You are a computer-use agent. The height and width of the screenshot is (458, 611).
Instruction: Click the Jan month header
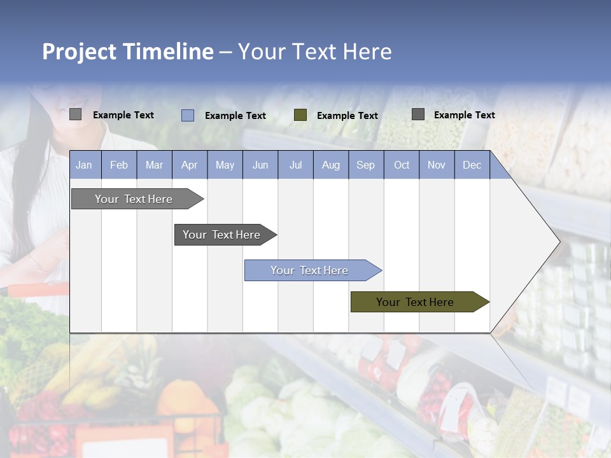click(84, 165)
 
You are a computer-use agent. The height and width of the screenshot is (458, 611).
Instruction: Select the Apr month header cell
click(189, 165)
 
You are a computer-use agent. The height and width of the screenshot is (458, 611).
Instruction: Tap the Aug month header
click(330, 165)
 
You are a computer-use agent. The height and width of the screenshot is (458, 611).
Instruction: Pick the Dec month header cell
click(472, 165)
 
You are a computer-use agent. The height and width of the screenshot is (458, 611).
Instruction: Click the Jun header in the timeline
click(260, 165)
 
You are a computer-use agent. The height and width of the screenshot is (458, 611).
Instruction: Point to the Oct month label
click(401, 165)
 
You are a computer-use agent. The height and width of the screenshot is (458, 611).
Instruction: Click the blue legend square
click(187, 115)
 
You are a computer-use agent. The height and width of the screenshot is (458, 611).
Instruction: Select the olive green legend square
click(300, 115)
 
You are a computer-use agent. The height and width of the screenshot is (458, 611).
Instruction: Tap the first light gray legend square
click(75, 114)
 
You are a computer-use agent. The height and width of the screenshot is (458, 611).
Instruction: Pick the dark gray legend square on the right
click(418, 114)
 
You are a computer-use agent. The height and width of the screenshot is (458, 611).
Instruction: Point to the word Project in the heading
click(80, 52)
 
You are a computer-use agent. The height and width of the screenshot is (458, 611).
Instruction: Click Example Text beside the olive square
click(347, 116)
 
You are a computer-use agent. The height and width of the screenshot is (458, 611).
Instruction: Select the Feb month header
click(119, 165)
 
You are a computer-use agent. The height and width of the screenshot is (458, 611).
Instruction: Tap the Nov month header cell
click(436, 165)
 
